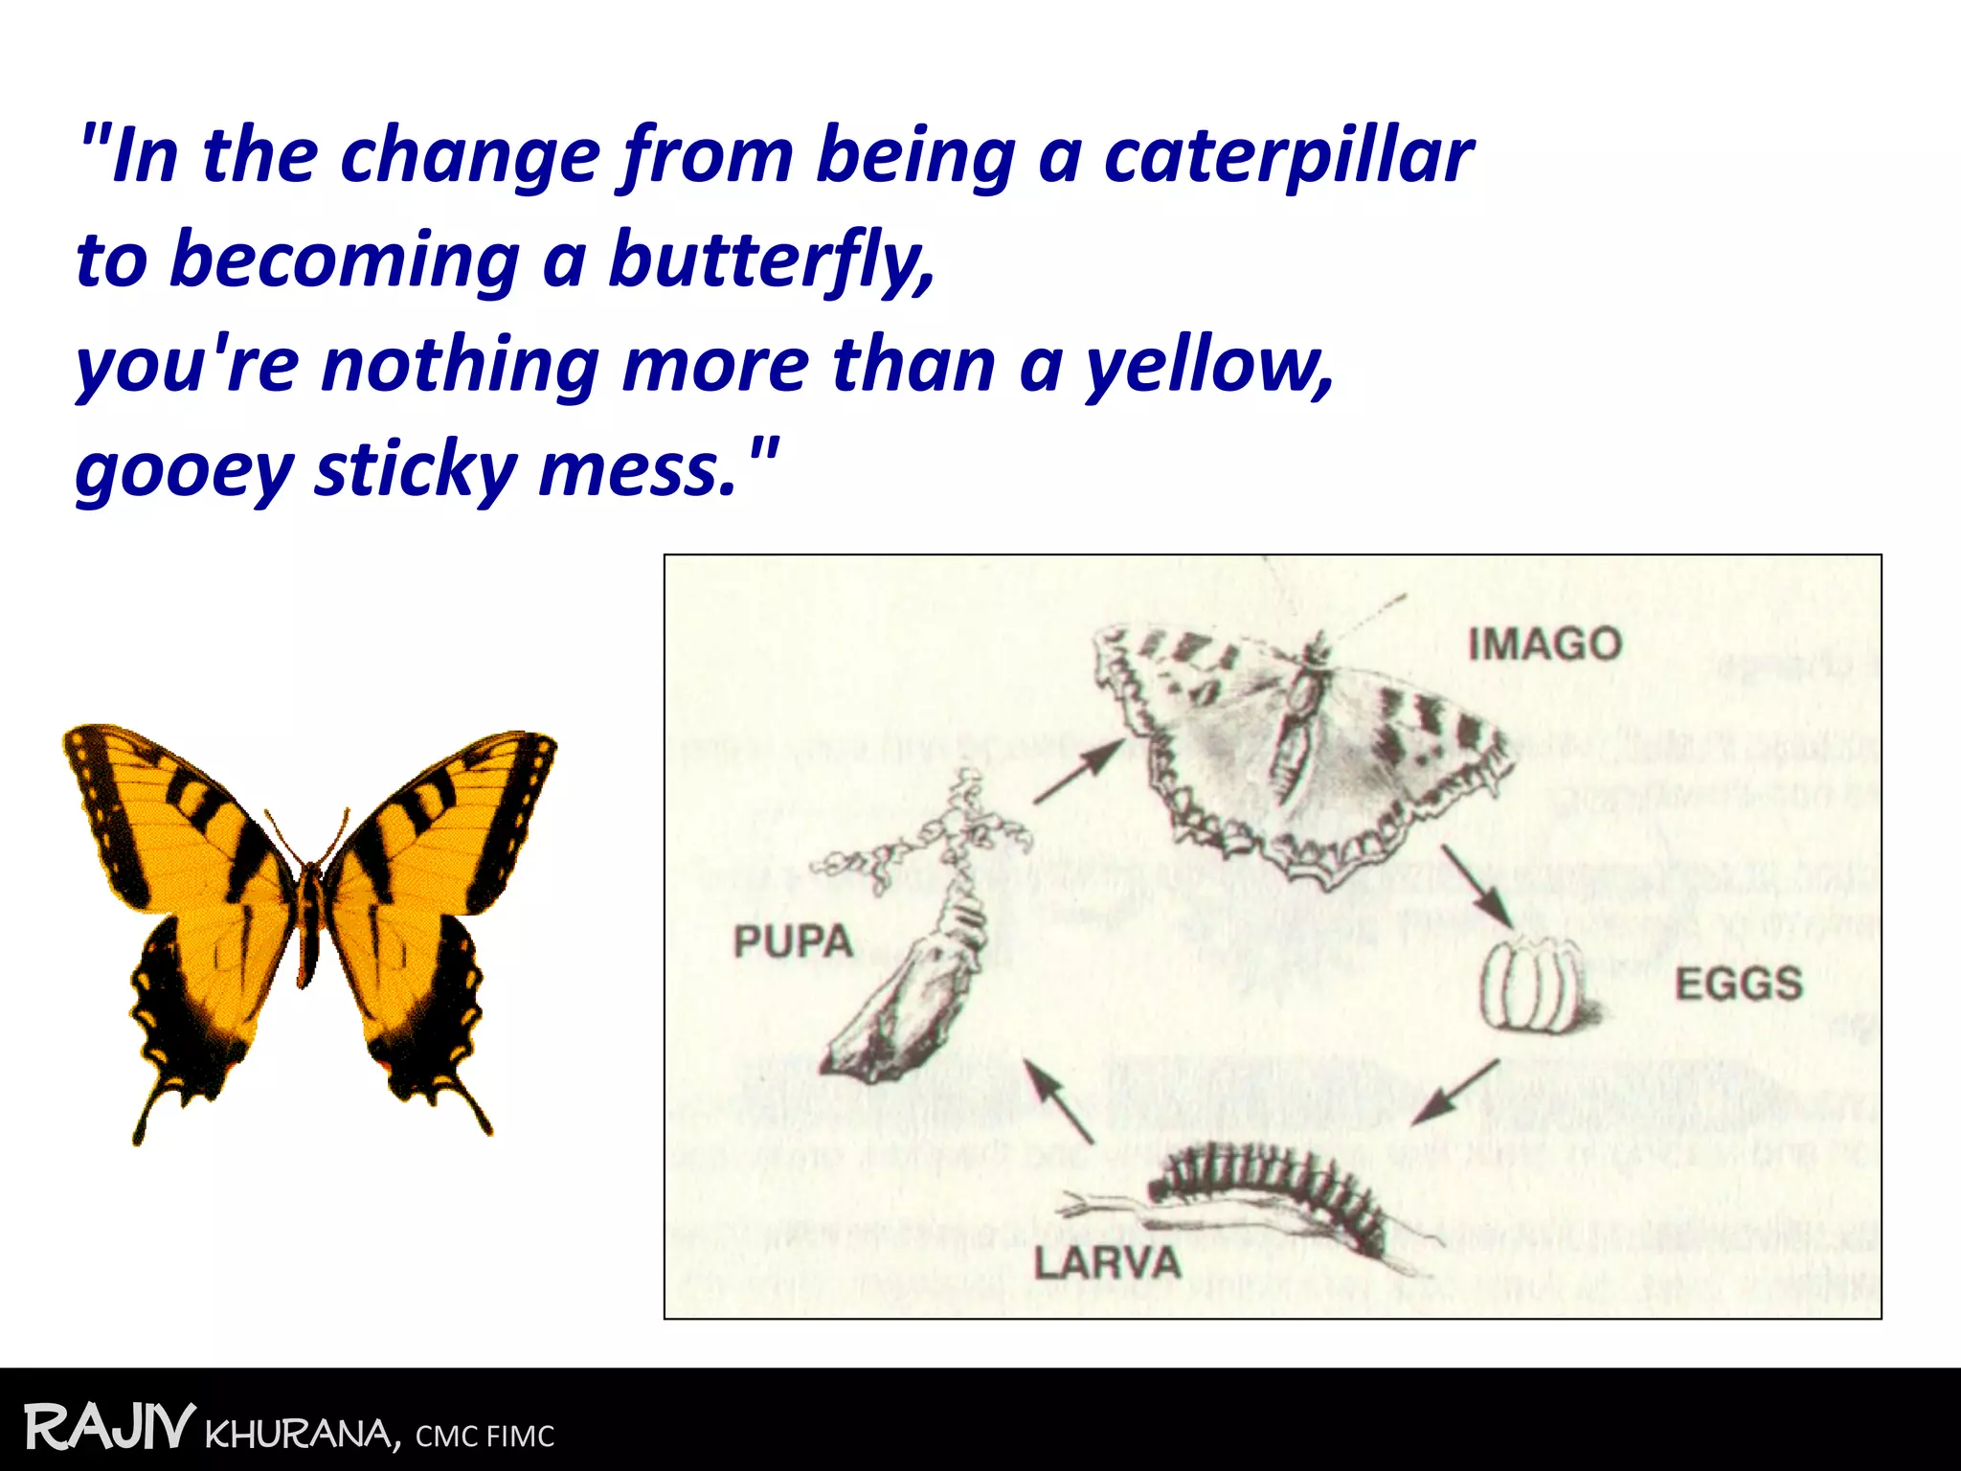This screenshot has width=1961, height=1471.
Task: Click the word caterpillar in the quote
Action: [1288, 156]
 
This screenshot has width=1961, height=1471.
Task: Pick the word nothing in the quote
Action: [460, 365]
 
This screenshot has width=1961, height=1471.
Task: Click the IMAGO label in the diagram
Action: [1544, 644]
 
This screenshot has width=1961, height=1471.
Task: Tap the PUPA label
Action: [793, 941]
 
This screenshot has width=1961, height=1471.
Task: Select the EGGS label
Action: [1738, 984]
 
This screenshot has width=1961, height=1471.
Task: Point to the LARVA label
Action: [1107, 1263]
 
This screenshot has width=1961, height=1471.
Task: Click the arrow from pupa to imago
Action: [1078, 771]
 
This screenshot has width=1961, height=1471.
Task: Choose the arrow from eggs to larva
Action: [1455, 1093]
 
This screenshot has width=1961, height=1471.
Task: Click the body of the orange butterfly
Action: [308, 919]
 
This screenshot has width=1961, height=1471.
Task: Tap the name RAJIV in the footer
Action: [109, 1428]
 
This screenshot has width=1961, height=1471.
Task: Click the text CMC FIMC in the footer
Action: [485, 1437]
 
